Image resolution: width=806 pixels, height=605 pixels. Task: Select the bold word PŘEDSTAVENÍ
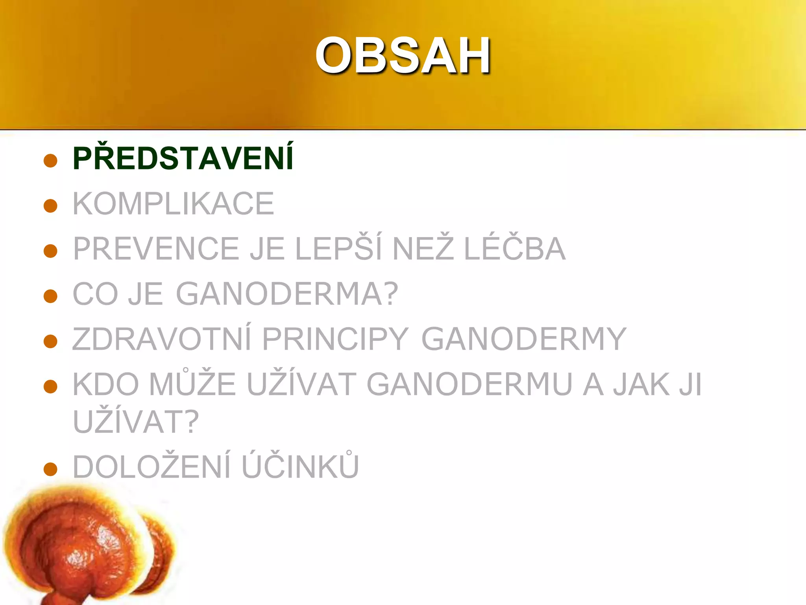coord(183,158)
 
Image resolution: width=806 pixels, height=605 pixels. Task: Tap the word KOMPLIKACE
coord(173,204)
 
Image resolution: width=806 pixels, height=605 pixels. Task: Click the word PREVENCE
coord(156,249)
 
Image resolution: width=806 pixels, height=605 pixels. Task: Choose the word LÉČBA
coord(515,249)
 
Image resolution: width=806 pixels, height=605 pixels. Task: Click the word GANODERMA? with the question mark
coord(287,294)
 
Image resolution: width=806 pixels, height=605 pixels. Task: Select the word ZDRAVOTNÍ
coord(162,339)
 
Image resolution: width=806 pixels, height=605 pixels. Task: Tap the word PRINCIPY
coord(335,339)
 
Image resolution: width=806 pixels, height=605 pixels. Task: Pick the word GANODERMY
coord(523,339)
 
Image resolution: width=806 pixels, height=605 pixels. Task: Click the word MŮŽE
coord(192,384)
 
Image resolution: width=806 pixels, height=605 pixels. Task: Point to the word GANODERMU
coord(470,384)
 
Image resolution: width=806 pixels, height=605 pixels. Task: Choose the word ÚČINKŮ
coord(300,467)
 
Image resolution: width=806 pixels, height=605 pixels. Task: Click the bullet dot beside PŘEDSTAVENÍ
coord(51,161)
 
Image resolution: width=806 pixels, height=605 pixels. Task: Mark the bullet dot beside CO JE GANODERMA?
coord(51,296)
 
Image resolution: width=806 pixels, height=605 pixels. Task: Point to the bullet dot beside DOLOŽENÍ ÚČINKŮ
coord(51,469)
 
